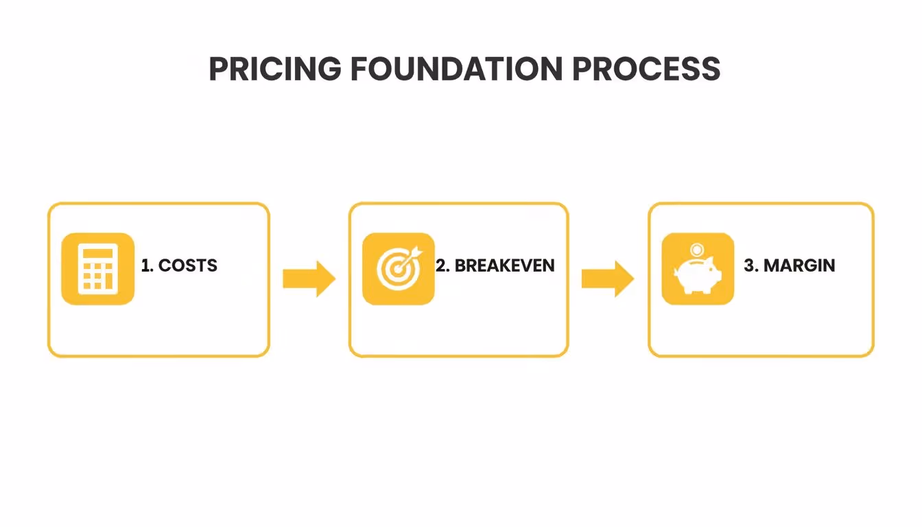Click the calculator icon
pos(97,269)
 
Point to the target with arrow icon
pos(398,269)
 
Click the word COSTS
pos(188,266)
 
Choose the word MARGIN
pos(799,266)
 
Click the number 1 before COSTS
pos(145,266)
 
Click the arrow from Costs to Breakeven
pos(309,279)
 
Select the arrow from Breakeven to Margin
pos(608,279)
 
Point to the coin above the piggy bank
pos(697,249)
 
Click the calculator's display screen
pos(97,253)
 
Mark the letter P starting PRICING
pos(218,69)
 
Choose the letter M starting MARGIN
pos(772,266)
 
